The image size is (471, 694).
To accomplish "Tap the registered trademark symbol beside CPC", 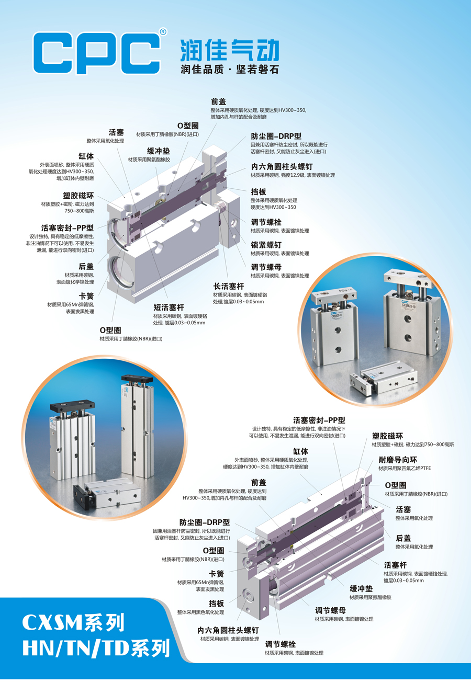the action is pyautogui.click(x=163, y=31).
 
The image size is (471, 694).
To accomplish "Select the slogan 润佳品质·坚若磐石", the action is pyautogui.click(x=230, y=69).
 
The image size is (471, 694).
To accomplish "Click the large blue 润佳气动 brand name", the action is pyautogui.click(x=230, y=50).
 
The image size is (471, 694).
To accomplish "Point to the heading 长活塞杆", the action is pyautogui.click(x=229, y=286).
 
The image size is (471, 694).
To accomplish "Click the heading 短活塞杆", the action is pyautogui.click(x=169, y=308).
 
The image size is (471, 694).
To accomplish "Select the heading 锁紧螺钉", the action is pyautogui.click(x=266, y=245).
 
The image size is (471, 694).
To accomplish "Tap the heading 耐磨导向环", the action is pyautogui.click(x=398, y=460).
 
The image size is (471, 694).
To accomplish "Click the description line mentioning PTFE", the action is pyautogui.click(x=405, y=468).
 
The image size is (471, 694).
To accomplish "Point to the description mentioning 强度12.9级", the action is pyautogui.click(x=293, y=175).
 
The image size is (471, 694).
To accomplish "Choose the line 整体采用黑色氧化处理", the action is pyautogui.click(x=200, y=612).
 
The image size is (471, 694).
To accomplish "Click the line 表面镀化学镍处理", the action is pyautogui.click(x=75, y=282).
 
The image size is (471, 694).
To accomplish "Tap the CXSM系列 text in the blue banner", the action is pyautogui.click(x=73, y=622).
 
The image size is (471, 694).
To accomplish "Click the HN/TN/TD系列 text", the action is pyautogui.click(x=96, y=648).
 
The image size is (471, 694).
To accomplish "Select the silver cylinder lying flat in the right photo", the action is pyautogui.click(x=383, y=378).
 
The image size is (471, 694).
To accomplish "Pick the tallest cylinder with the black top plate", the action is pyautogui.click(x=137, y=427).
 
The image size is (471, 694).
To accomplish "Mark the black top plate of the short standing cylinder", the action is pyautogui.click(x=72, y=406).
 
